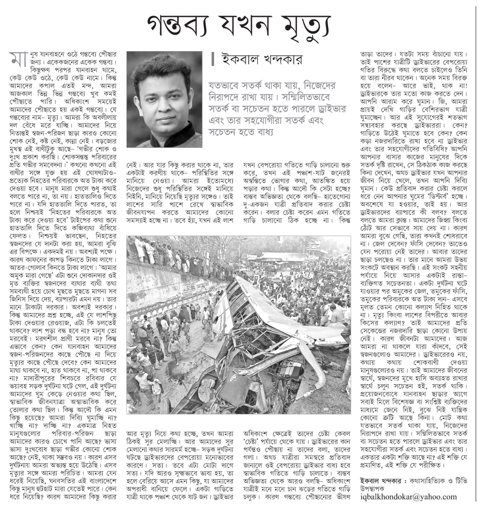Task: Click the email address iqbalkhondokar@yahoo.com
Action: [x=408, y=496]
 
